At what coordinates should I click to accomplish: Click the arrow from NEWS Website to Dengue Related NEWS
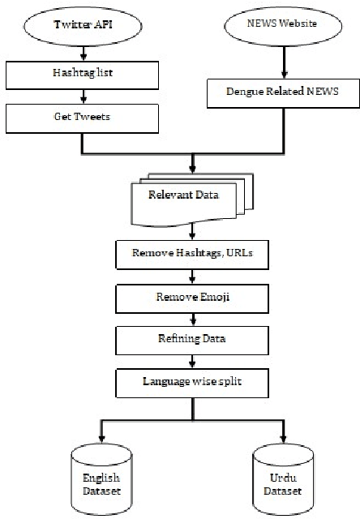(x=282, y=61)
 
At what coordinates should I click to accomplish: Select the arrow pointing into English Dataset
(x=100, y=430)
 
